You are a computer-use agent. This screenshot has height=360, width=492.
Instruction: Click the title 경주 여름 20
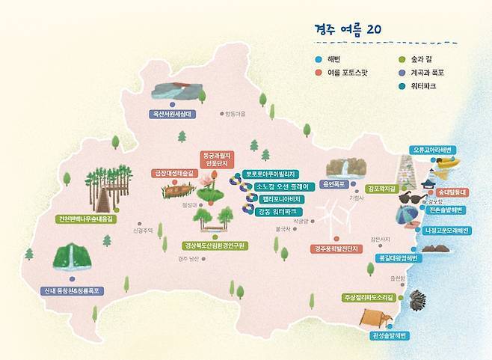click(x=349, y=29)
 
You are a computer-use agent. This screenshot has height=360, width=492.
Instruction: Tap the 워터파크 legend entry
click(x=422, y=86)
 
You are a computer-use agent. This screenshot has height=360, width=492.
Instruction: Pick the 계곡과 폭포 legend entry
click(x=427, y=73)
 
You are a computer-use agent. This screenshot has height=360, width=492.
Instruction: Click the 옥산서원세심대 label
click(x=172, y=115)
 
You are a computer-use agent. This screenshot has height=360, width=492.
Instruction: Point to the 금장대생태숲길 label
click(x=173, y=173)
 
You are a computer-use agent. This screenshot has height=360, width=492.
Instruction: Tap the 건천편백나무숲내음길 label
click(x=88, y=219)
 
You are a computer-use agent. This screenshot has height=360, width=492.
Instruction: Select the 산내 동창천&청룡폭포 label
click(x=73, y=290)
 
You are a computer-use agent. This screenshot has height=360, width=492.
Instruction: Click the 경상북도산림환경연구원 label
click(x=215, y=245)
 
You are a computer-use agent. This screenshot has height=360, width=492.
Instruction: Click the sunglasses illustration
click(x=413, y=198)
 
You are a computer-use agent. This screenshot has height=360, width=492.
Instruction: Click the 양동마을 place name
click(x=234, y=114)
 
